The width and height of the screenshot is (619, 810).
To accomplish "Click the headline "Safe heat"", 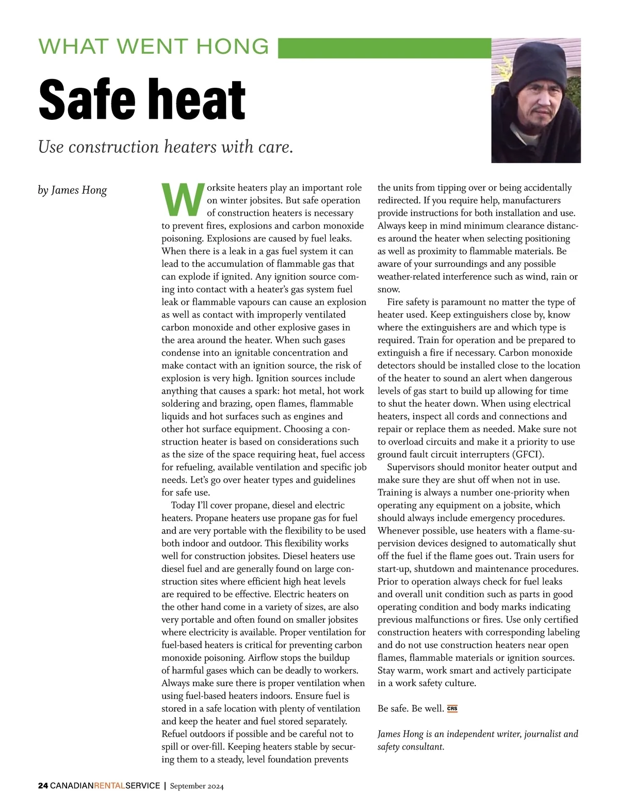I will tap(142, 99).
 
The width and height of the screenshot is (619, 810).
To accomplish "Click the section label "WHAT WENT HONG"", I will tap(154, 46).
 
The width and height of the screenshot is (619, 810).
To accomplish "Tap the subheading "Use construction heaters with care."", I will tap(166, 147).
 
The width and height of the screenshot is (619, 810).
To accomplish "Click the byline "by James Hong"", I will tap(73, 190).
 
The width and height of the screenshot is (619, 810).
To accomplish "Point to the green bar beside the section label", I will tap(384, 48).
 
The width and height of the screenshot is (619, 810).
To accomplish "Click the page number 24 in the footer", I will tap(43, 786).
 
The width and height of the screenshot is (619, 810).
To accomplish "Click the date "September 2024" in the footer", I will tap(197, 786).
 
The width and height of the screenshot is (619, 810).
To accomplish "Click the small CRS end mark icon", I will tap(452, 708).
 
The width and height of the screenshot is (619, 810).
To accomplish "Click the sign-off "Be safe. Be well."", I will tap(411, 708).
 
